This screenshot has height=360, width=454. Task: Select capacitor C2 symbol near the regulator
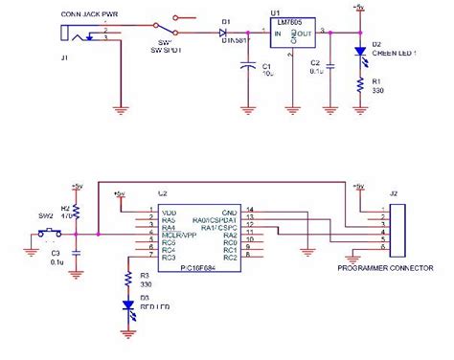pyautogui.click(x=330, y=68)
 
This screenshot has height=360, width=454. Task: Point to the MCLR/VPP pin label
pyautogui.click(x=179, y=233)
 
